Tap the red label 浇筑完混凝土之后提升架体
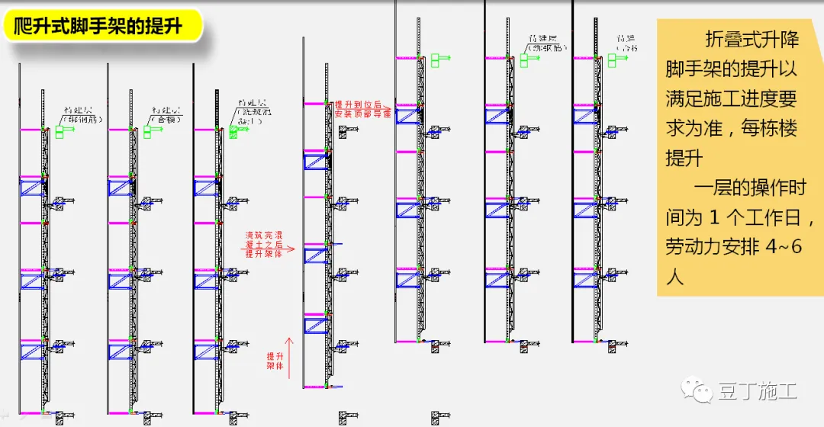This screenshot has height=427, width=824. tap(263, 244)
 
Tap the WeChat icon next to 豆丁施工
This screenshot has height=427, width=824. tap(700, 392)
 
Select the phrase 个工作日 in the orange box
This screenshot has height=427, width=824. tap(764, 218)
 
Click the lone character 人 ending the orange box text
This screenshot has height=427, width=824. tap(674, 276)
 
